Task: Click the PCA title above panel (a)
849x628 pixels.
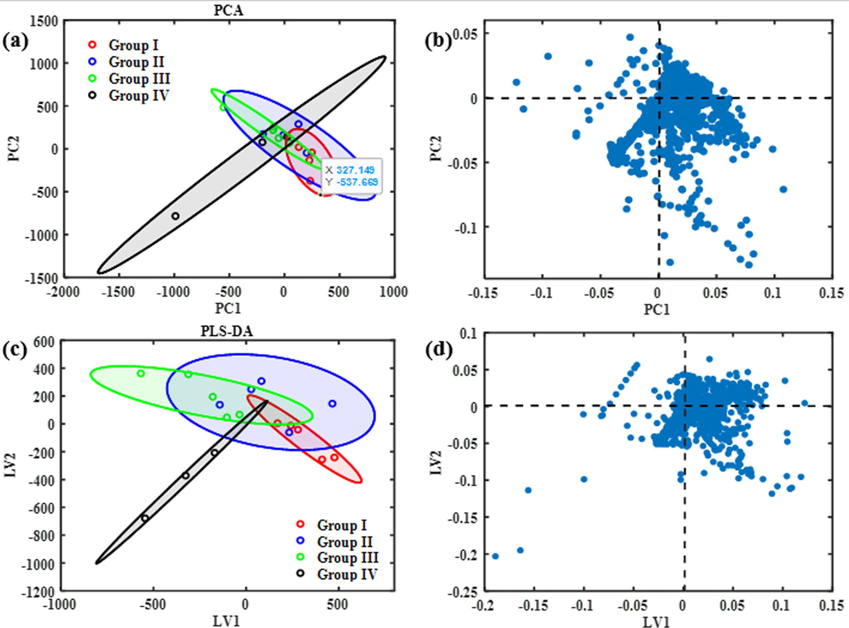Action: pos(228,11)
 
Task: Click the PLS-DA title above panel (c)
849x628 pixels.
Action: pos(227,332)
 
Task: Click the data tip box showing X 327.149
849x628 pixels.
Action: pos(351,176)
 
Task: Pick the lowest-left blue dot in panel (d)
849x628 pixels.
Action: pos(495,556)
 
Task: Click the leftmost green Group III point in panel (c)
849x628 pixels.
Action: pos(141,373)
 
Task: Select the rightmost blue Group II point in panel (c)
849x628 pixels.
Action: pos(332,403)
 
